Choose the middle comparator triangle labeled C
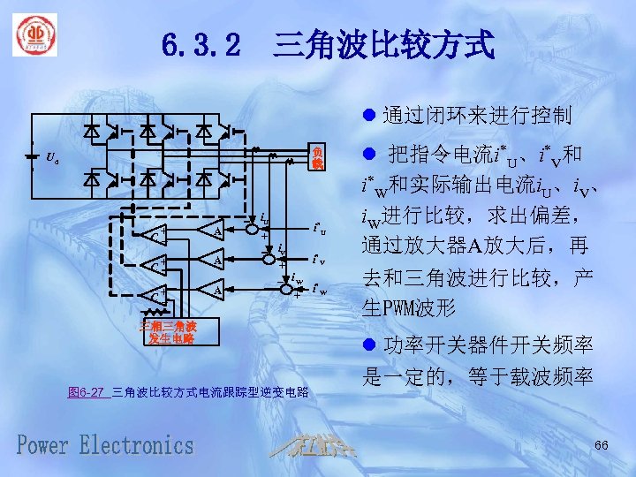coord(154,264)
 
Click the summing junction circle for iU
coord(252,231)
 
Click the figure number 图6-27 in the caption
coord(86,392)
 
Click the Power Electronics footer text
coord(105,444)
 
